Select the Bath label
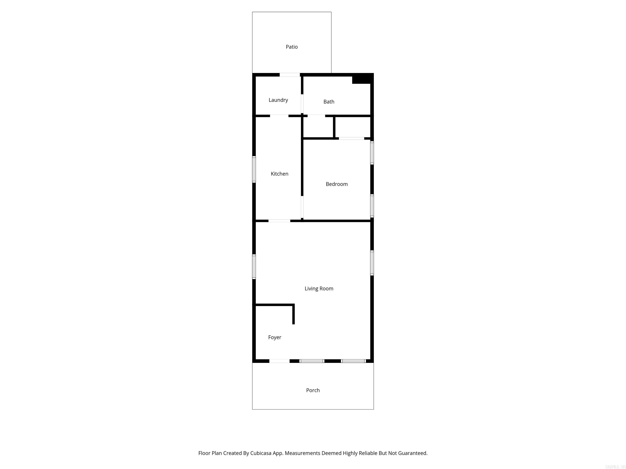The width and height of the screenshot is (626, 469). pos(329,102)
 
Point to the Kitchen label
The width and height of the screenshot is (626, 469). pos(279,174)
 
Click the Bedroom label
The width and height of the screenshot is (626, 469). pos(336,184)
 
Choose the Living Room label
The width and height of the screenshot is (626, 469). pos(319,289)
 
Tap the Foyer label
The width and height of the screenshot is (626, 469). pos(274,337)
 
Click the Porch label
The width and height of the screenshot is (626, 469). pos(313,390)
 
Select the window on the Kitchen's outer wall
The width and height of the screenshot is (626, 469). pos(254,169)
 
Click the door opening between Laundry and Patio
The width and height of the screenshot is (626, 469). pos(290,75)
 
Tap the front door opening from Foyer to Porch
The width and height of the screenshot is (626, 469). pos(279,361)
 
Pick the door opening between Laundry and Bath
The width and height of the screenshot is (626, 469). pos(302,104)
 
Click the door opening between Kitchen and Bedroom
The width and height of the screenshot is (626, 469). pos(302,207)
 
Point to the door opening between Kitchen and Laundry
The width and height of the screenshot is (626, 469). pos(279,116)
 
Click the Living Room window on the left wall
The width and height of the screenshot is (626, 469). pos(254,267)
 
